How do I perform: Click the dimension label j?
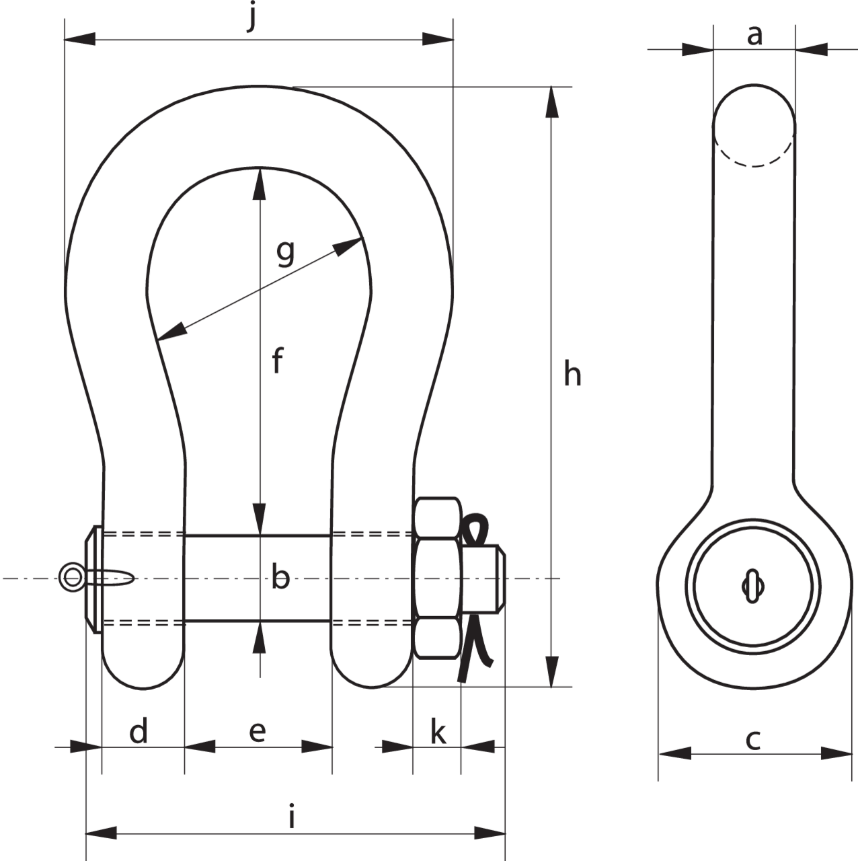click(x=253, y=17)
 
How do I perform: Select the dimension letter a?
click(x=754, y=35)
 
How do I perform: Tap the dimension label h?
click(x=572, y=375)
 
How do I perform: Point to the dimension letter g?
click(x=285, y=253)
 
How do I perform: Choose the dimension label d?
click(x=139, y=730)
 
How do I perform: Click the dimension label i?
click(x=292, y=816)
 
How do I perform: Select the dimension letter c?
click(x=753, y=739)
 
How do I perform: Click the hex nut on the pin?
click(x=437, y=578)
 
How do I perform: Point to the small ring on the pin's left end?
click(x=71, y=578)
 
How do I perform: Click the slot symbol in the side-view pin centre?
click(x=753, y=586)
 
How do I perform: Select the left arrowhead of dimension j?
click(x=79, y=39)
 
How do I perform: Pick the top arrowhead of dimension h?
click(x=552, y=102)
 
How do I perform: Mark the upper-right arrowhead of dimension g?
click(x=348, y=246)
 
